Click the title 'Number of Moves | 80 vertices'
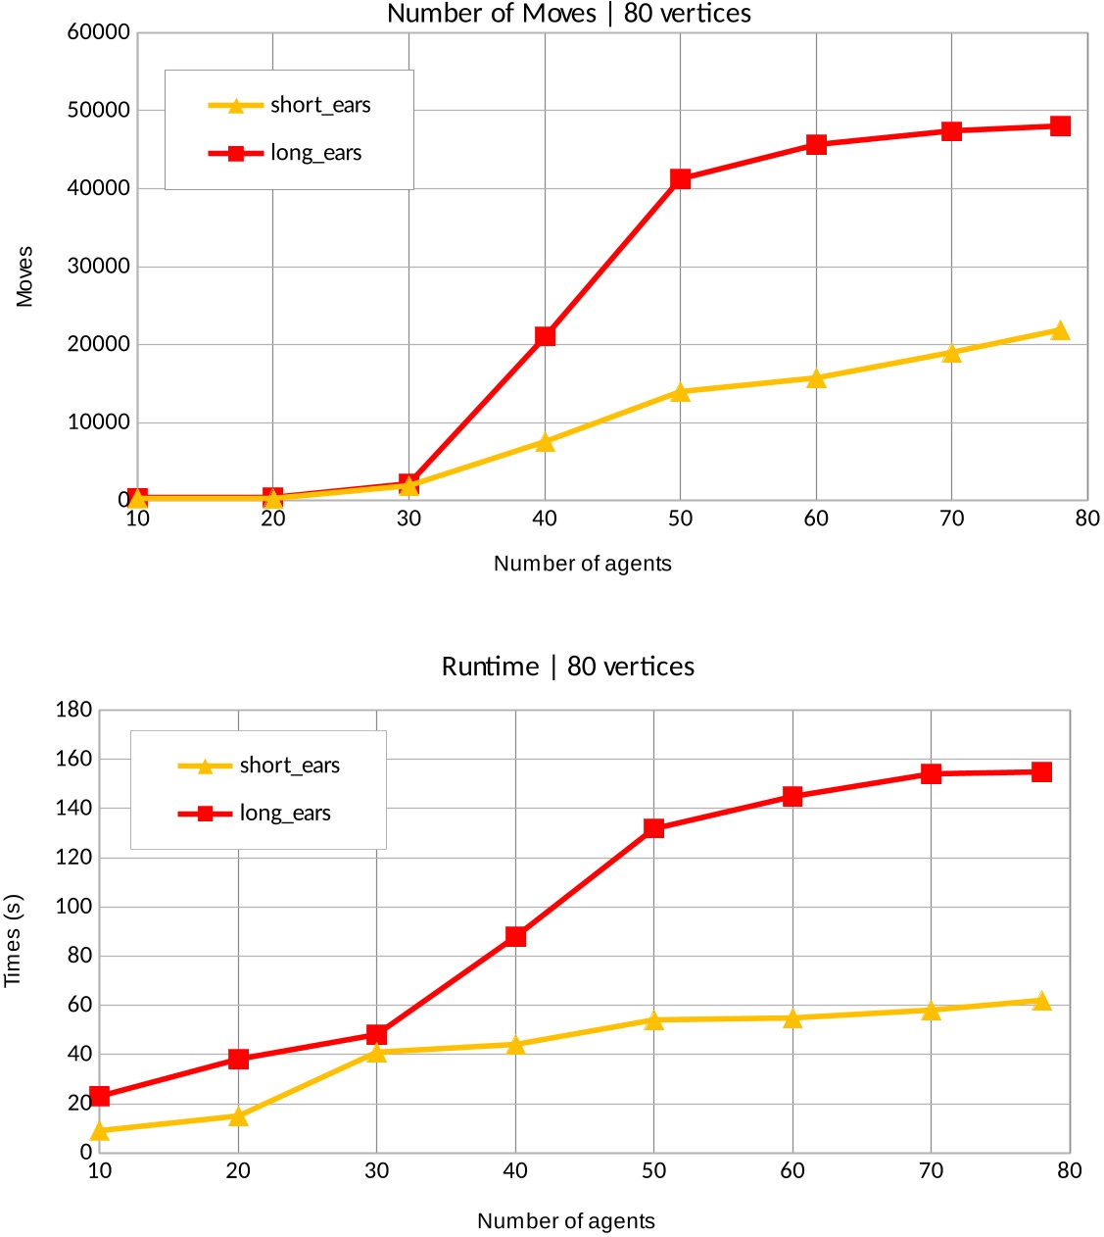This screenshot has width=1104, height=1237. click(x=569, y=14)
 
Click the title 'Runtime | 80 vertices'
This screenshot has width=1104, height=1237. click(x=567, y=667)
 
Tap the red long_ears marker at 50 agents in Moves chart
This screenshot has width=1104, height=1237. click(x=680, y=178)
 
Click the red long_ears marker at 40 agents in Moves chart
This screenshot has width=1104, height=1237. click(x=545, y=336)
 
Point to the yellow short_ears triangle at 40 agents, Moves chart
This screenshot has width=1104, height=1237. click(x=545, y=442)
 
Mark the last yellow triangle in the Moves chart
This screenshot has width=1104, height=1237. click(x=1059, y=330)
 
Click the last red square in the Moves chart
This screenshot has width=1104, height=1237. click(x=1059, y=125)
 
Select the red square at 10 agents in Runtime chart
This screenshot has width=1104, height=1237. click(x=99, y=1096)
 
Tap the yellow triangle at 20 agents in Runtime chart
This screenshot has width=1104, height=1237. click(x=238, y=1115)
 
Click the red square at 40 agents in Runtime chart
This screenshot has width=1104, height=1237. click(x=515, y=936)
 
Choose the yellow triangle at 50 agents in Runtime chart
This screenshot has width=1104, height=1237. click(x=653, y=1019)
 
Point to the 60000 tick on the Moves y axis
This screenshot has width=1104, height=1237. click(x=98, y=32)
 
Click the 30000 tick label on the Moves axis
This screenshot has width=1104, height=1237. click(x=98, y=267)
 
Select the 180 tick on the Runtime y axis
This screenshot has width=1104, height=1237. click(x=73, y=710)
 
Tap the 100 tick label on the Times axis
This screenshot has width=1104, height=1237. click(x=73, y=907)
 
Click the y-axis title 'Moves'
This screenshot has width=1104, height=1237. click(x=24, y=276)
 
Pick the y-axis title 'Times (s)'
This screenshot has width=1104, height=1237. click(x=13, y=940)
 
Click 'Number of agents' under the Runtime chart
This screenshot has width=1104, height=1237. click(x=565, y=1221)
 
